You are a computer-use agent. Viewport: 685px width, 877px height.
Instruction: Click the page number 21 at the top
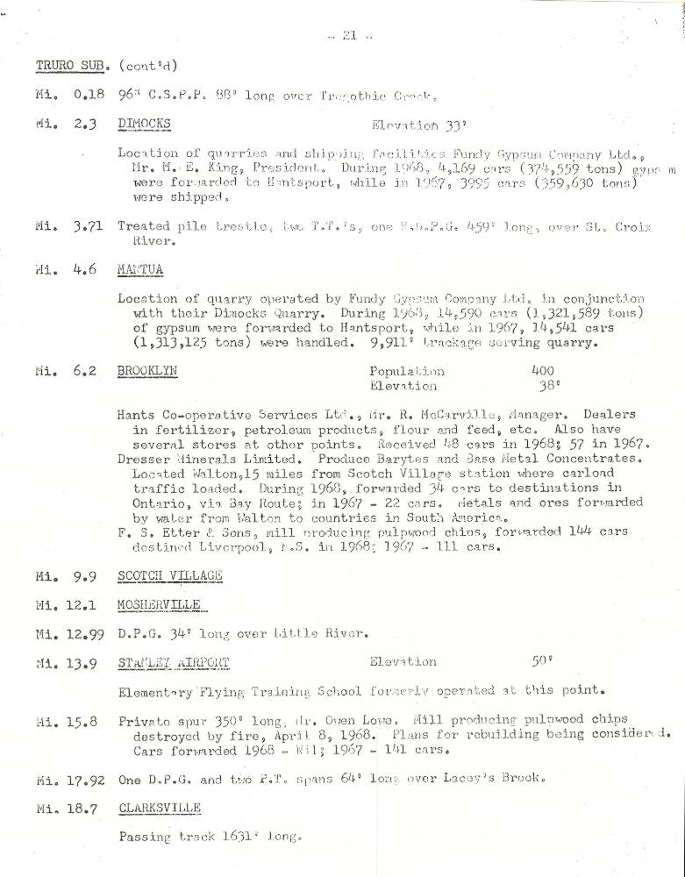(348, 35)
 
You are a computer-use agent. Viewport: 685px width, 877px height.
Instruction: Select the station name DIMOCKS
(144, 124)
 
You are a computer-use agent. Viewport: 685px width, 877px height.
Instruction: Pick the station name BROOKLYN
(147, 371)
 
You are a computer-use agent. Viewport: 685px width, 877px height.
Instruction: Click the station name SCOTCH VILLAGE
(169, 575)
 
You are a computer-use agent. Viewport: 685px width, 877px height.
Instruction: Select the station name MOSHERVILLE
(159, 605)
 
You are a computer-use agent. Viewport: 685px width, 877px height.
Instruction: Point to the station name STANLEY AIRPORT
(173, 662)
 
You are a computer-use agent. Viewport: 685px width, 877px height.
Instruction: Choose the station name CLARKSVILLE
(158, 807)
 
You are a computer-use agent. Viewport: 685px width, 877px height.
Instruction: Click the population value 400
(543, 371)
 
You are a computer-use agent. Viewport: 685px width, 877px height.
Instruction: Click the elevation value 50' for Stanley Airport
(543, 662)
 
